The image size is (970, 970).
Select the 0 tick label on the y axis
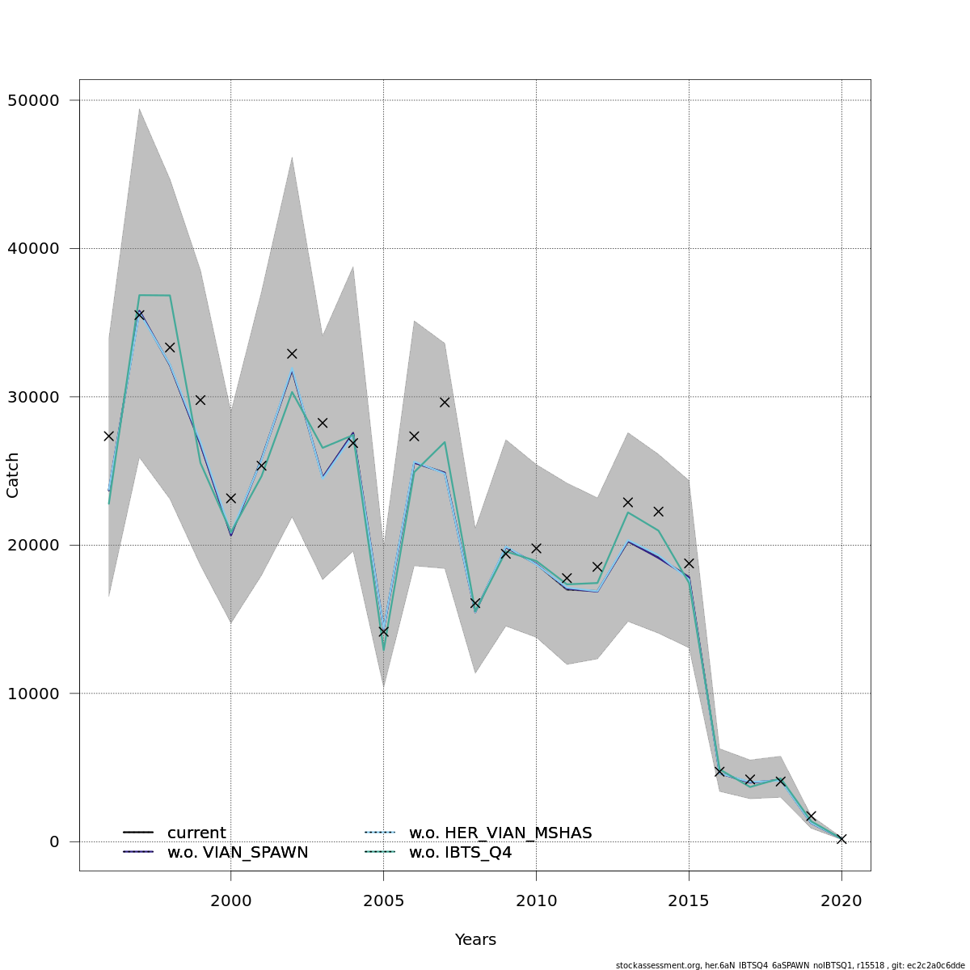click(x=54, y=841)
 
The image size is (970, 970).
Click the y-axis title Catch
click(x=13, y=475)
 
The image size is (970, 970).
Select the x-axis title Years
click(x=475, y=940)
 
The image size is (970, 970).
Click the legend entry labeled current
click(x=196, y=833)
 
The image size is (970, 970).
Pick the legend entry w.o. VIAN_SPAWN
click(x=238, y=853)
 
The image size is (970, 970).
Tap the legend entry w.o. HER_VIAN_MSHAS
click(x=500, y=833)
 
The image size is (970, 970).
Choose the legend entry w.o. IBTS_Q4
click(x=460, y=853)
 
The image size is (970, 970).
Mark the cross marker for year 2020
click(x=841, y=839)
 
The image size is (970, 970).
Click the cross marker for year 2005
click(x=383, y=631)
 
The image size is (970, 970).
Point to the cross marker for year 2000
click(x=231, y=498)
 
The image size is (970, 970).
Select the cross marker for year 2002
click(x=292, y=353)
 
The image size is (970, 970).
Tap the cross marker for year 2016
click(x=719, y=771)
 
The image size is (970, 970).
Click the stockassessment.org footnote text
click(x=790, y=965)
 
